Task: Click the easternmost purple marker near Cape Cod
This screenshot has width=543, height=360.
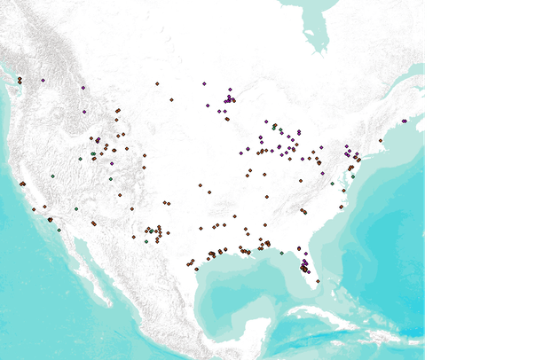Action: [405, 121]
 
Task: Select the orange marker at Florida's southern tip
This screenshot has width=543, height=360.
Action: [318, 282]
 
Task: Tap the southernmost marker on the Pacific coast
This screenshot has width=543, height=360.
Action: [59, 231]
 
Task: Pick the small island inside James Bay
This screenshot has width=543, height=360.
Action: [317, 41]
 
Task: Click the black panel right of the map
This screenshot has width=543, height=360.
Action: [484, 177]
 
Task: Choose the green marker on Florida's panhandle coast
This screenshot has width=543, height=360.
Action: [281, 254]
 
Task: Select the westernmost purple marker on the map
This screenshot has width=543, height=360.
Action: [83, 88]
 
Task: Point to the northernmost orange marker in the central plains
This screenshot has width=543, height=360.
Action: [157, 83]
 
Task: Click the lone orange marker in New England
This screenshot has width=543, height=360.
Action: [381, 140]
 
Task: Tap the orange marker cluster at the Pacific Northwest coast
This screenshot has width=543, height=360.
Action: [20, 81]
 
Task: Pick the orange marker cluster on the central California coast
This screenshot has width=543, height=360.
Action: [22, 184]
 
